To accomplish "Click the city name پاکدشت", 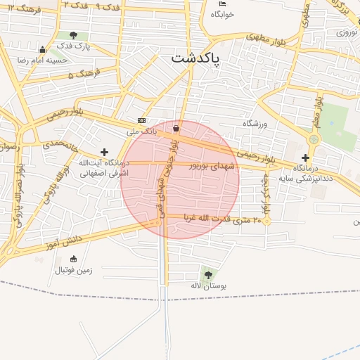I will [x=195, y=58].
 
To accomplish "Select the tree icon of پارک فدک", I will [x=74, y=35].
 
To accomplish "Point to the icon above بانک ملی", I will [x=141, y=120].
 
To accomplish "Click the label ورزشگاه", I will [x=261, y=124].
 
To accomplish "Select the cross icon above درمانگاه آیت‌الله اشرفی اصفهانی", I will [x=105, y=152].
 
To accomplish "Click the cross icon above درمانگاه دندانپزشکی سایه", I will [x=305, y=158].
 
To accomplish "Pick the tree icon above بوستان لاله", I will [x=207, y=274].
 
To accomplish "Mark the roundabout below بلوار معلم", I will [x=314, y=140].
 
